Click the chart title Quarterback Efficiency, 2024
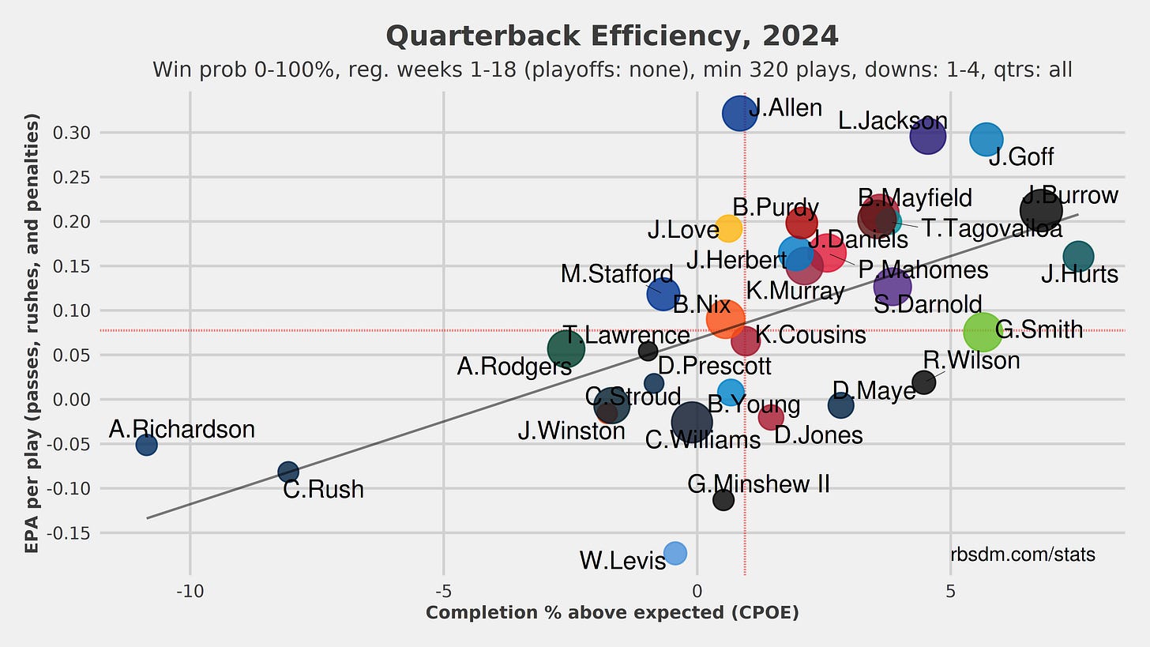pyautogui.click(x=612, y=36)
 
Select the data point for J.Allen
pyautogui.click(x=740, y=114)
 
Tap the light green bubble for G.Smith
pyautogui.click(x=983, y=332)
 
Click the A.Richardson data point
pyautogui.click(x=146, y=445)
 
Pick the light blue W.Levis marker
pyautogui.click(x=675, y=553)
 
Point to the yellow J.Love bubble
pyautogui.click(x=729, y=228)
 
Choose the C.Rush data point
pyautogui.click(x=288, y=472)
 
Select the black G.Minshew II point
pyautogui.click(x=723, y=499)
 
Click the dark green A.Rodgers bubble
pyautogui.click(x=566, y=348)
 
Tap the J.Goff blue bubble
pyautogui.click(x=986, y=140)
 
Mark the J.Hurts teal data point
pyautogui.click(x=1078, y=256)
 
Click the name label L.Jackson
pyautogui.click(x=893, y=122)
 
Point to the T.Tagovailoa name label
pyautogui.click(x=991, y=228)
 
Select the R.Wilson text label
pyautogui.click(x=971, y=361)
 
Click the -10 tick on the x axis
pyautogui.click(x=190, y=592)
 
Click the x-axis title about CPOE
pyautogui.click(x=612, y=613)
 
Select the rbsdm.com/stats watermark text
pyautogui.click(x=1022, y=555)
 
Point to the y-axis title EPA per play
pyautogui.click(x=32, y=336)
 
